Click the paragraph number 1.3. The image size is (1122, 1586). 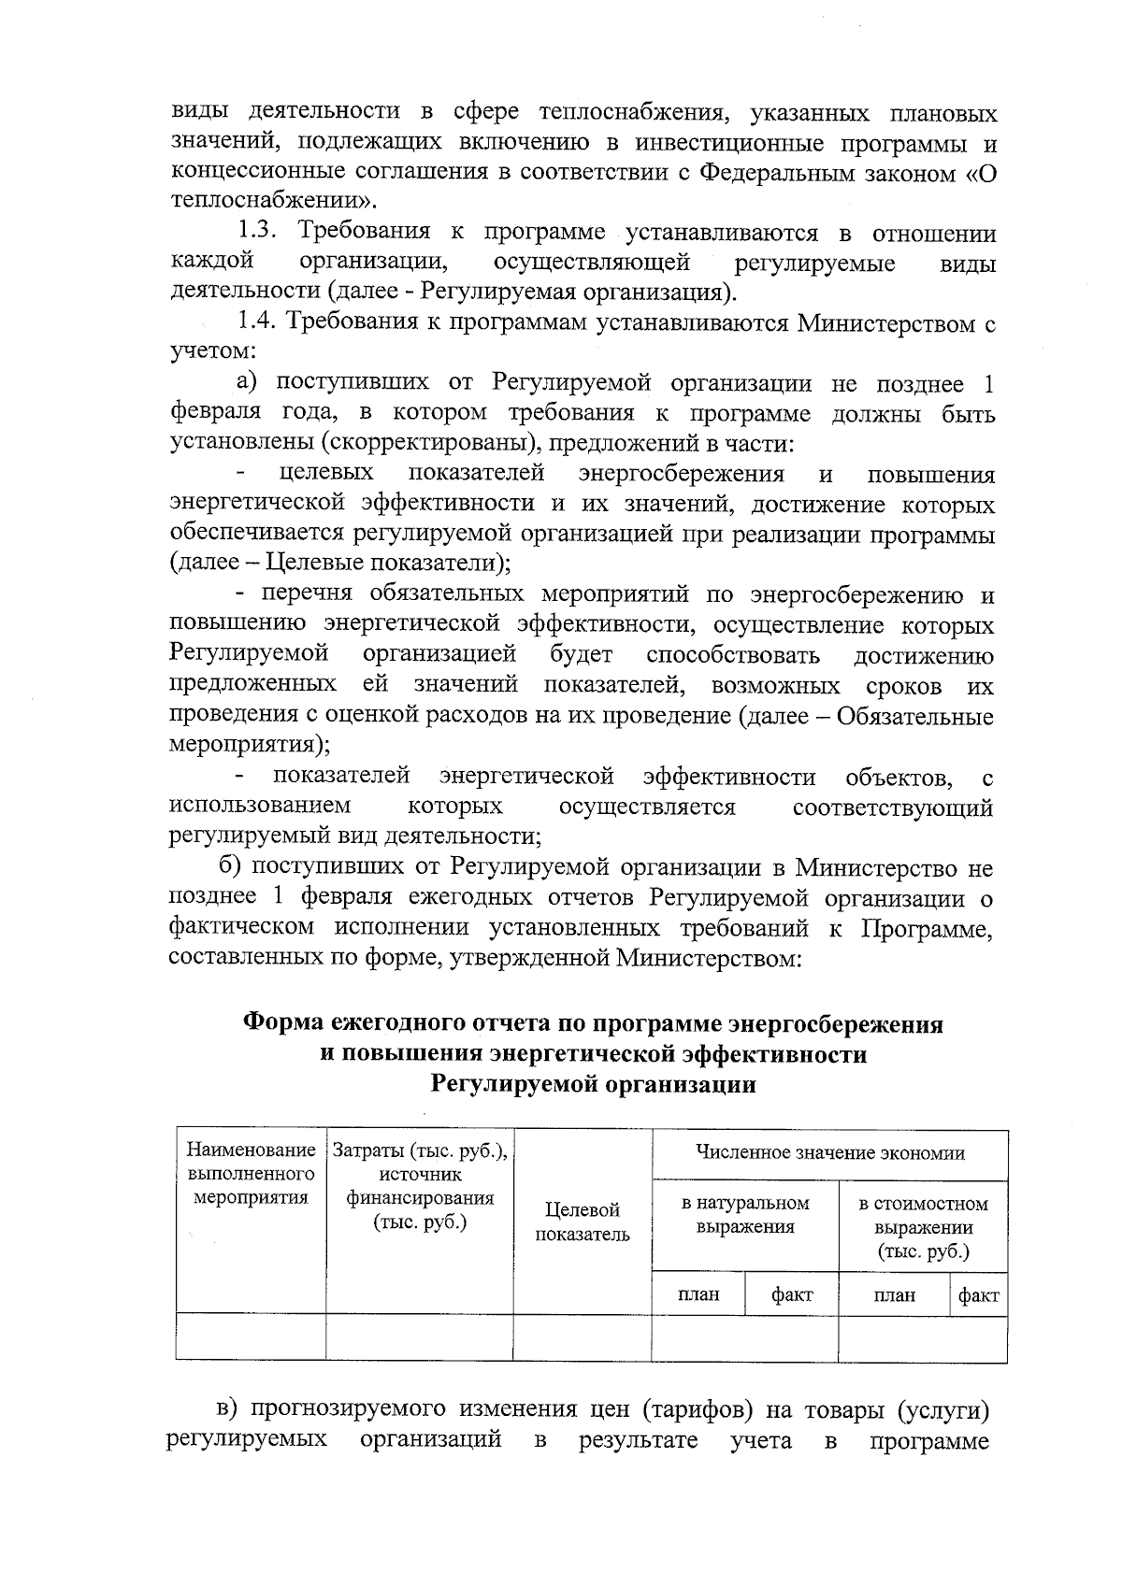click(x=259, y=232)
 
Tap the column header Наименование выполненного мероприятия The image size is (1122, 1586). click(x=251, y=1172)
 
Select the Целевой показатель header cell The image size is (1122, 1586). click(x=582, y=1222)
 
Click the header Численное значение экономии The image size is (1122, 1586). click(x=829, y=1153)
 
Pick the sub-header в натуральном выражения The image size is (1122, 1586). click(x=744, y=1214)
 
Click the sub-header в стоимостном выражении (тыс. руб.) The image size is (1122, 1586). click(x=922, y=1226)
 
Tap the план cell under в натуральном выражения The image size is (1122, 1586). click(x=698, y=1294)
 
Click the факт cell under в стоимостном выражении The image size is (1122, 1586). click(x=978, y=1294)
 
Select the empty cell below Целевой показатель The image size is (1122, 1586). click(x=582, y=1338)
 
